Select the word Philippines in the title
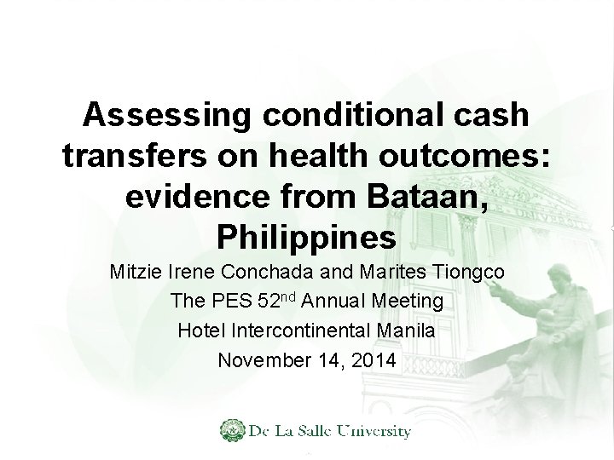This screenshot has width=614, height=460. point(307,233)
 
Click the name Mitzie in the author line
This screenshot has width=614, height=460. point(136,275)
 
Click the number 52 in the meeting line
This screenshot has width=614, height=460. point(269,302)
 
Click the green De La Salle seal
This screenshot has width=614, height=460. point(231,431)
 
